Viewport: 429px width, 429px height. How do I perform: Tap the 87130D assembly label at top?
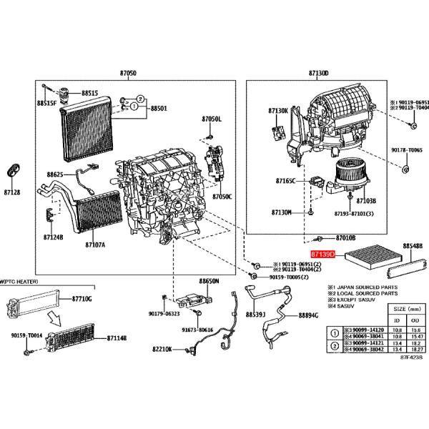(319, 74)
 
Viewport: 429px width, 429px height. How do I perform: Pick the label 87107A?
(95, 245)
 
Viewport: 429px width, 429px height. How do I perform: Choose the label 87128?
(12, 192)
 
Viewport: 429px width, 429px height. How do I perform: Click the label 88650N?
(209, 282)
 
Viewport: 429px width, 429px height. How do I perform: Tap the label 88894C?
(308, 315)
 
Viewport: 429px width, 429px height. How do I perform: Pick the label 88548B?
(413, 245)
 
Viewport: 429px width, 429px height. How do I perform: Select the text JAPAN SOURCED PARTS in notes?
(364, 285)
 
